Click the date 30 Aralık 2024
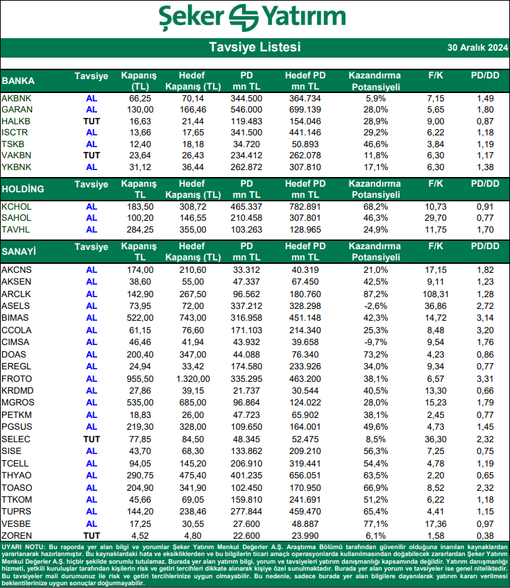point(477,48)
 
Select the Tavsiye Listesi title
point(255,47)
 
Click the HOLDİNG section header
point(23,189)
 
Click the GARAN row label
point(17,110)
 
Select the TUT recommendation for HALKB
point(92,121)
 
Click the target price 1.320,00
point(192,379)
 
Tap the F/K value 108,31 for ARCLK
point(435,294)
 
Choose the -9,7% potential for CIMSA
point(374,342)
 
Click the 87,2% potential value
point(374,294)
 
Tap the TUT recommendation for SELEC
point(92,439)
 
